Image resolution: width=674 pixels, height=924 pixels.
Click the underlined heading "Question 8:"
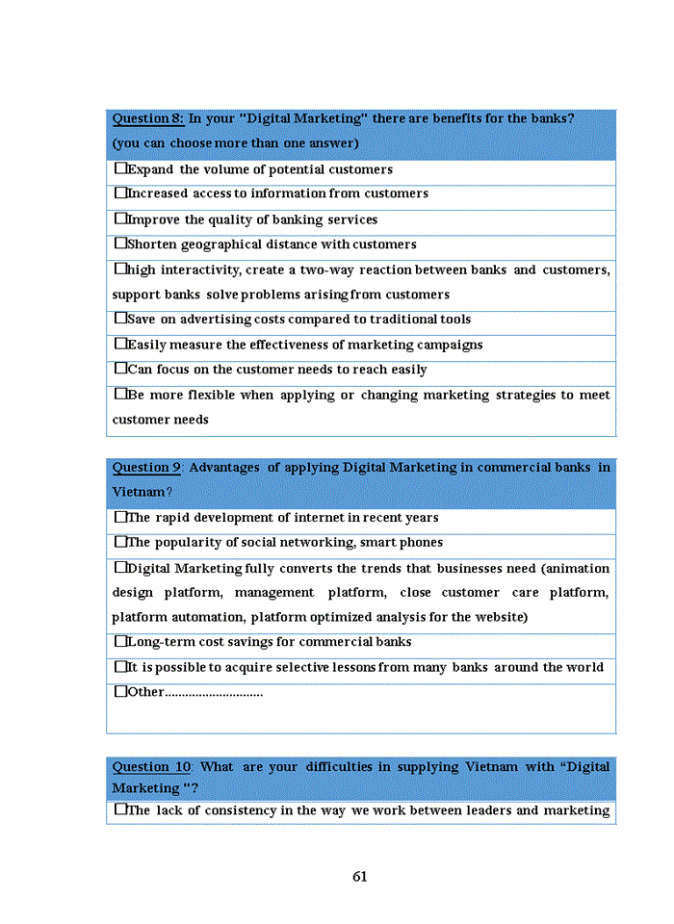(148, 118)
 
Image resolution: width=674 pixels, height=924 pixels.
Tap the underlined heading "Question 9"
(146, 468)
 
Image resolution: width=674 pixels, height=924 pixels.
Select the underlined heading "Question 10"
(152, 767)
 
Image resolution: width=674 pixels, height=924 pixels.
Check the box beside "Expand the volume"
(120, 168)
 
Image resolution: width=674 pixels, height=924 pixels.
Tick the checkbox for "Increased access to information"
(120, 193)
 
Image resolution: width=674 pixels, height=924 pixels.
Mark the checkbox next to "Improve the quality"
(120, 218)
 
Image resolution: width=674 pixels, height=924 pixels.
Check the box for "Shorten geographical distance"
(120, 244)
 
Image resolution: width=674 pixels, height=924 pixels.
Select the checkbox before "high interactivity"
(120, 269)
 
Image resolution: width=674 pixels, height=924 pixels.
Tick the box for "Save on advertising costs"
(120, 319)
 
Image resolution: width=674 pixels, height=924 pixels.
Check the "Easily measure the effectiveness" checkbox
(120, 344)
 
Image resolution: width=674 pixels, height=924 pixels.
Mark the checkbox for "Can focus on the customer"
(120, 369)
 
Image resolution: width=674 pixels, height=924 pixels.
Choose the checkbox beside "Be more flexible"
(120, 394)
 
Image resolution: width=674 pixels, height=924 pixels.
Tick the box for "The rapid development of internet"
(120, 517)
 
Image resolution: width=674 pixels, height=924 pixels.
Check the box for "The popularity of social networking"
(120, 542)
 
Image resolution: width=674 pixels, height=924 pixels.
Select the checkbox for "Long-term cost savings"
(120, 641)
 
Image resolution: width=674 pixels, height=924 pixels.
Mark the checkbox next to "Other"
(120, 691)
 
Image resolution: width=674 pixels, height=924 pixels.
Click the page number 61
(360, 877)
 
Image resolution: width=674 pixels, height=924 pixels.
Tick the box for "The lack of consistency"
(120, 809)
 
